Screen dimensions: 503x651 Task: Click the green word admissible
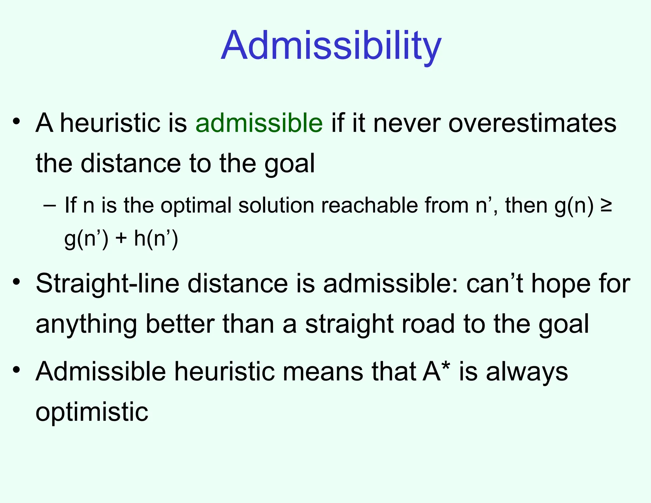[x=259, y=123]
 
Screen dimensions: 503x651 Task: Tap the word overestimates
[x=532, y=123]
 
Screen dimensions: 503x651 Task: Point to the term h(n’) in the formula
[x=156, y=239]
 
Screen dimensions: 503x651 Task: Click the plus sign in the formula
[x=121, y=239]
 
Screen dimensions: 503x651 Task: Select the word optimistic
[x=92, y=412]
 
